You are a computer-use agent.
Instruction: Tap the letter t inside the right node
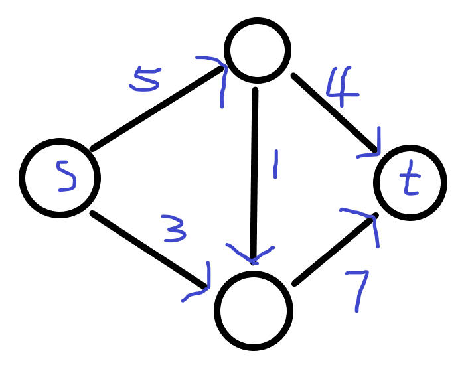412,181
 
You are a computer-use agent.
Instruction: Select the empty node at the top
258,49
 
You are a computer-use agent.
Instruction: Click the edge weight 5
145,79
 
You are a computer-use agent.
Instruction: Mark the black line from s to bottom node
149,250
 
